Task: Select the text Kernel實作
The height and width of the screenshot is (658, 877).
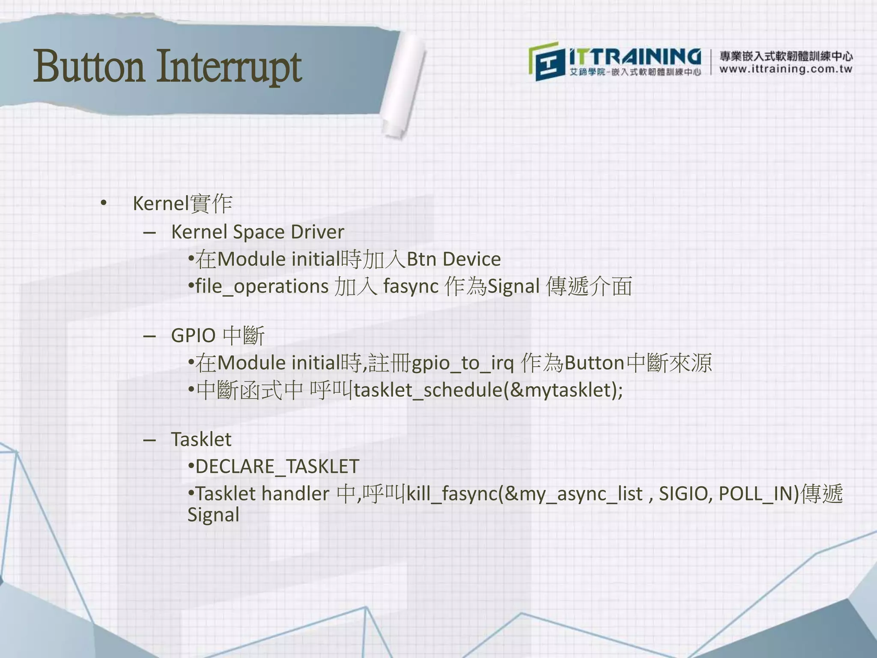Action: tap(182, 203)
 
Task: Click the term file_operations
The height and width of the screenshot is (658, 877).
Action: tap(262, 287)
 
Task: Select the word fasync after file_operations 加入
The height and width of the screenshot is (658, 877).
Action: tap(411, 287)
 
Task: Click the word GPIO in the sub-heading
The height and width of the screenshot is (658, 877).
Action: tap(193, 335)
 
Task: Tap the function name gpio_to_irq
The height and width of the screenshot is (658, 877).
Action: tap(462, 363)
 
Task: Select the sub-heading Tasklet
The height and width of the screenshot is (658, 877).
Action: tap(201, 440)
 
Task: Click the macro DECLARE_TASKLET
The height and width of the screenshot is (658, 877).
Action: tap(277, 467)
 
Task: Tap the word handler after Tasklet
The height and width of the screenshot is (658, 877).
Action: tap(295, 494)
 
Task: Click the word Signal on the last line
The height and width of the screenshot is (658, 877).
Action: tap(213, 515)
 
